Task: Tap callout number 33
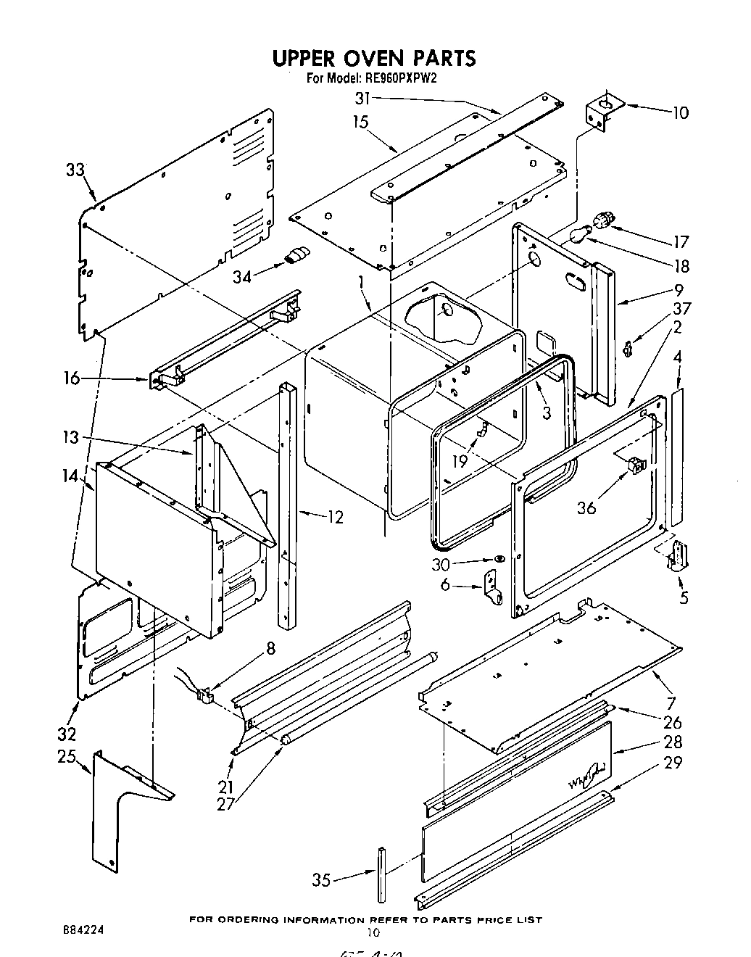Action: click(x=75, y=170)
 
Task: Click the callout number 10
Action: click(x=680, y=113)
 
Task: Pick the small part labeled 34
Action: click(x=297, y=254)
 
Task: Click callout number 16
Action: click(x=71, y=378)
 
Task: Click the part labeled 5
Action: click(x=678, y=557)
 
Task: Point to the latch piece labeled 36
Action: click(x=635, y=465)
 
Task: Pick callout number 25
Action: click(x=67, y=757)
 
